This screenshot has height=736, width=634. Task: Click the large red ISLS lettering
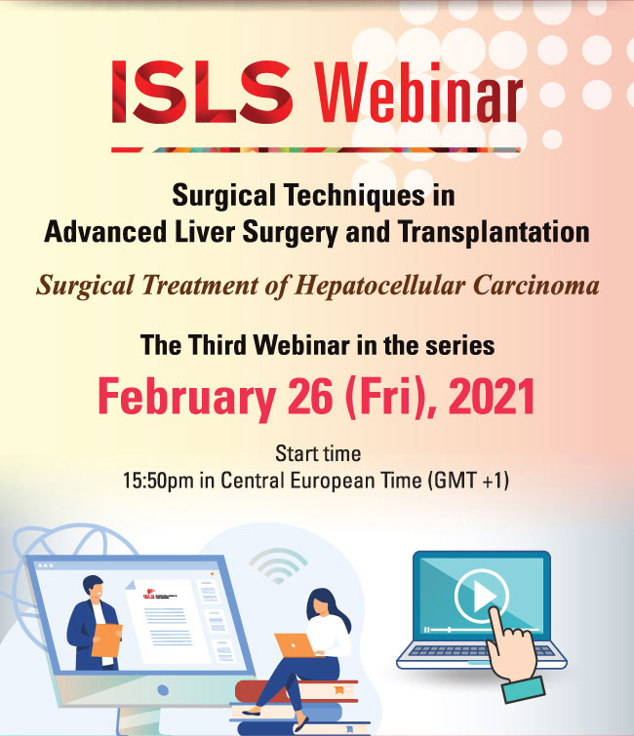coord(203,92)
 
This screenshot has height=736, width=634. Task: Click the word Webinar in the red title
coord(418,92)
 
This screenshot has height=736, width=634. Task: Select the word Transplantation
coord(494,231)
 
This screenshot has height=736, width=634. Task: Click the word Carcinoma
coord(535,286)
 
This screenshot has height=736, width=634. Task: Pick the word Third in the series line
coord(218,345)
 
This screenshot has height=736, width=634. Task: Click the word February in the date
coord(186,397)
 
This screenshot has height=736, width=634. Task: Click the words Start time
coord(318,453)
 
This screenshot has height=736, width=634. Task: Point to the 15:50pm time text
coord(158,482)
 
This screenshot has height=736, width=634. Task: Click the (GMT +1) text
coord(468,481)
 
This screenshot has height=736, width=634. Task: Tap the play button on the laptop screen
coord(482,597)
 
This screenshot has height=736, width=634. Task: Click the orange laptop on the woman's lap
coord(294,645)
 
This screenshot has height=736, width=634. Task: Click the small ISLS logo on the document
coord(148,595)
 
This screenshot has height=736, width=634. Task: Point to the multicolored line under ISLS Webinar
coord(316,150)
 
